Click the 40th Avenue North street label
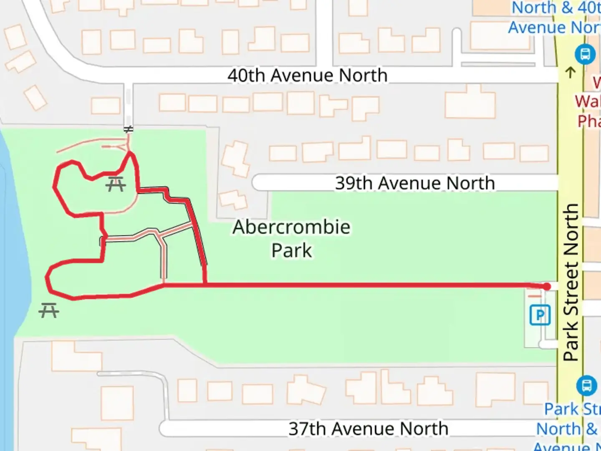pyautogui.click(x=308, y=76)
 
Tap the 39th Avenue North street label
pyautogui.click(x=415, y=183)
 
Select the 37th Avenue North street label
pyautogui.click(x=368, y=428)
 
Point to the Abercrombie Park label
pyautogui.click(x=291, y=238)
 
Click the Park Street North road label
pyautogui.click(x=571, y=282)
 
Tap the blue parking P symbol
pyautogui.click(x=540, y=315)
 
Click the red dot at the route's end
pyautogui.click(x=547, y=286)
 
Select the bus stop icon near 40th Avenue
pyautogui.click(x=585, y=54)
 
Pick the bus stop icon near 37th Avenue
pyautogui.click(x=586, y=385)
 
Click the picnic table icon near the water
pyautogui.click(x=49, y=310)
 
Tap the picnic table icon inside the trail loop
pyautogui.click(x=116, y=184)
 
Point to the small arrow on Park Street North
pyautogui.click(x=570, y=72)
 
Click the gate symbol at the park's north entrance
pyautogui.click(x=129, y=130)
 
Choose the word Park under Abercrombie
pyautogui.click(x=291, y=251)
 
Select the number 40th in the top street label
pyautogui.click(x=246, y=76)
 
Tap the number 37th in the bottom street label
pyautogui.click(x=307, y=428)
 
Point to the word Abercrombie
pyautogui.click(x=291, y=227)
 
